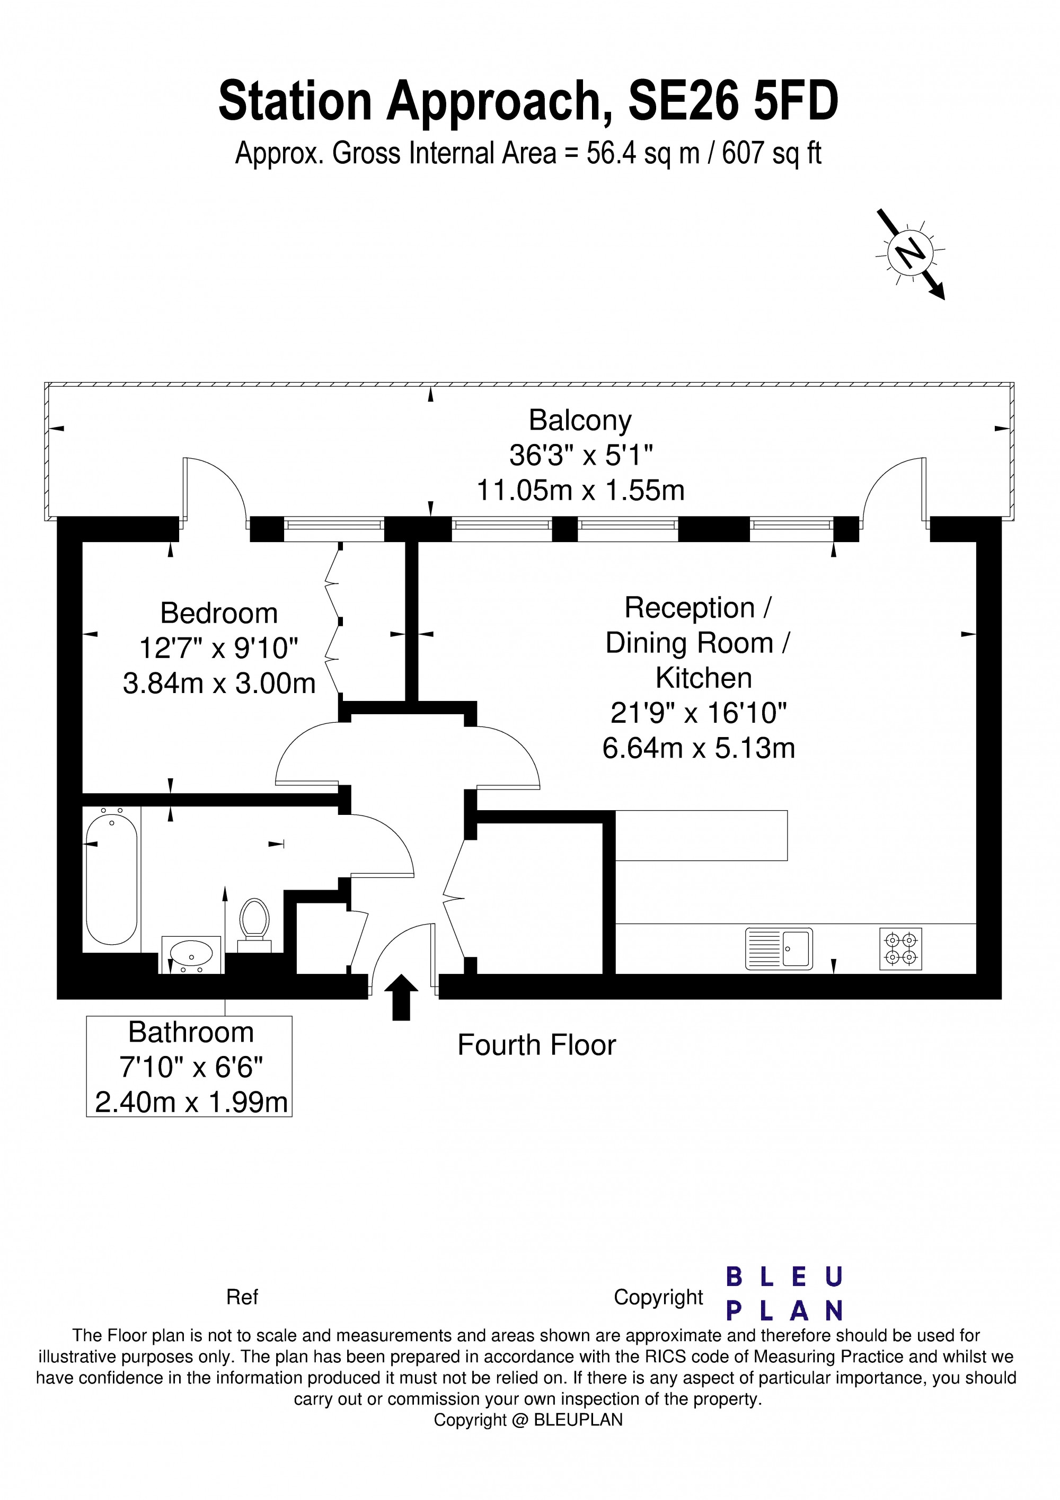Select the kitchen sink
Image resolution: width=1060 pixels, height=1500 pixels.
[779, 948]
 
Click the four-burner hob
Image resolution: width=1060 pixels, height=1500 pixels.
[900, 948]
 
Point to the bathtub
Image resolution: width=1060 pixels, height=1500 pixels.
[112, 875]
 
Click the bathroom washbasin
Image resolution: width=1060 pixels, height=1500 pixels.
[191, 954]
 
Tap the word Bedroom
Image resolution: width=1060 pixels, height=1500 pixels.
[219, 614]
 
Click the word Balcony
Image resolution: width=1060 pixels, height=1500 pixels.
[580, 421]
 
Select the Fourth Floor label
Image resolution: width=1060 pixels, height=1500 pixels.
[536, 1045]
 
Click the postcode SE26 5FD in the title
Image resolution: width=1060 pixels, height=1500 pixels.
[732, 101]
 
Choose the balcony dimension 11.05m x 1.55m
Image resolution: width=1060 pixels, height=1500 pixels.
[580, 490]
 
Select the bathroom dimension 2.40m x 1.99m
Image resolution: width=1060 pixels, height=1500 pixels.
[191, 1103]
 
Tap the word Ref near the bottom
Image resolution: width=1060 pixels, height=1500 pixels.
[242, 1298]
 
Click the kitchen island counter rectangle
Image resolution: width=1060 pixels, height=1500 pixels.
[701, 836]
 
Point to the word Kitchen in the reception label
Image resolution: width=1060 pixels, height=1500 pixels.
[703, 678]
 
